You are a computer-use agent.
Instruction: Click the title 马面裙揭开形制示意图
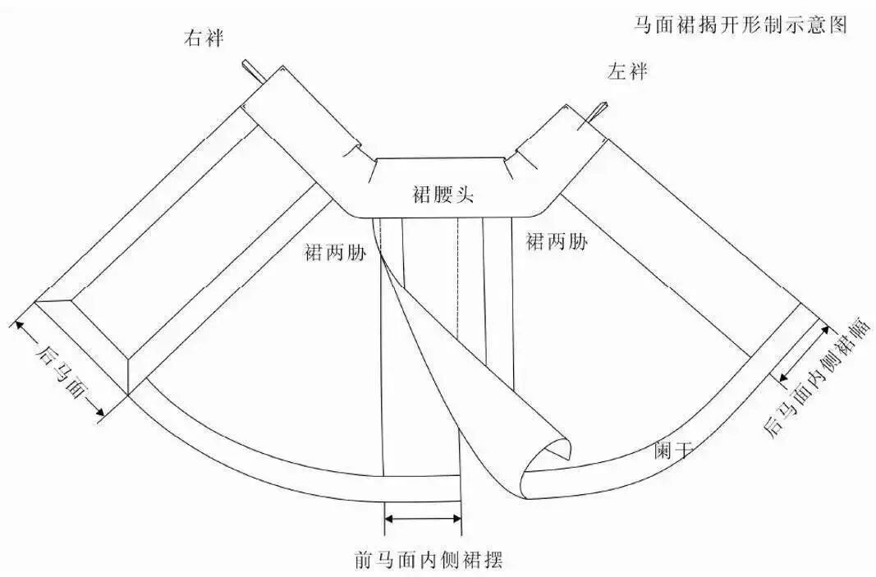[740, 25]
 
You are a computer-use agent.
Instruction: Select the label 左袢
[627, 72]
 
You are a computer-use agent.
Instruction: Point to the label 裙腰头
[443, 195]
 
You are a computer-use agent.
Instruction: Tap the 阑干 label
[674, 449]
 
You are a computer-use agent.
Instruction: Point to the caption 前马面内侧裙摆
[428, 560]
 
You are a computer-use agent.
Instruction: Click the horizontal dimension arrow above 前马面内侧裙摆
[423, 518]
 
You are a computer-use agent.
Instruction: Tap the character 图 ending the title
[837, 25]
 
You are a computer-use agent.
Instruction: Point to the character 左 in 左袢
[617, 72]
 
